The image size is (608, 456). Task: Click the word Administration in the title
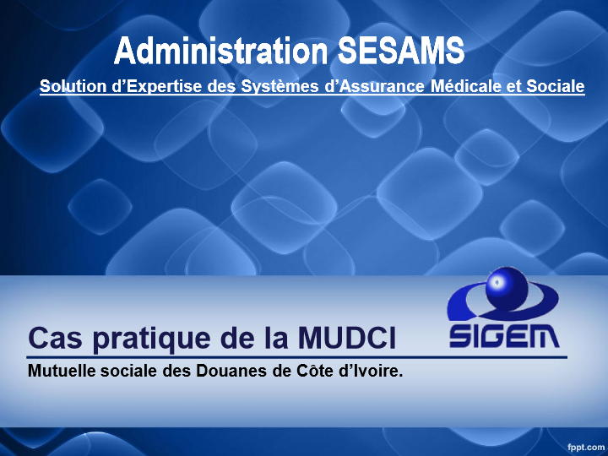[x=221, y=52]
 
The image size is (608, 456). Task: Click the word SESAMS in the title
[x=401, y=52]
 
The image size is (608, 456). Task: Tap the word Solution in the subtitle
[x=73, y=86]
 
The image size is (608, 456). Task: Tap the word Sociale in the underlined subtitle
[x=556, y=86]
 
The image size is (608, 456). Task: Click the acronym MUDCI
[x=347, y=338]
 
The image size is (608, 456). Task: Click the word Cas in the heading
[x=56, y=338]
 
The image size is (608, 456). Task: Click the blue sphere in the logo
[x=507, y=289]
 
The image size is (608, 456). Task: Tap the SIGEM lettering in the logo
[x=504, y=336]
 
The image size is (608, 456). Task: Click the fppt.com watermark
[x=586, y=448]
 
